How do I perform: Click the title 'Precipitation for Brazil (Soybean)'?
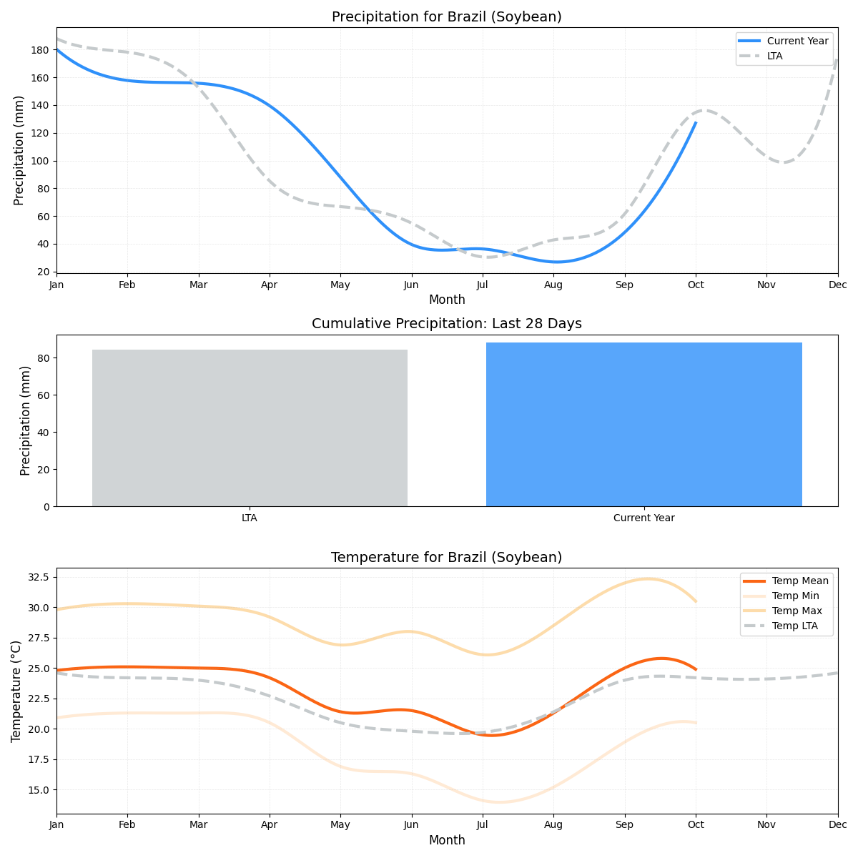click(x=446, y=17)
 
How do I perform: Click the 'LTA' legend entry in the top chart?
click(x=774, y=56)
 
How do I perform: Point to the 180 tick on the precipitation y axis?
click(x=40, y=50)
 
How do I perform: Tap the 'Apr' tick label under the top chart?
click(x=270, y=285)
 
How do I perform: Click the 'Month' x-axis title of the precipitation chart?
click(x=447, y=300)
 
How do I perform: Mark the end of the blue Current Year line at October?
click(x=696, y=122)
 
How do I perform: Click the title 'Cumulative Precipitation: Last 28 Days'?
click(x=446, y=324)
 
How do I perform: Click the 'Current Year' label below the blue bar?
click(x=643, y=518)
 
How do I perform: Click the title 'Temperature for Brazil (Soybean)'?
click(x=446, y=558)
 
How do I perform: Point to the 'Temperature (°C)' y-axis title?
click(x=16, y=691)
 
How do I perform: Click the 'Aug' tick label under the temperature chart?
click(x=553, y=825)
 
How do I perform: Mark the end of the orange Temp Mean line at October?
click(x=696, y=669)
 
